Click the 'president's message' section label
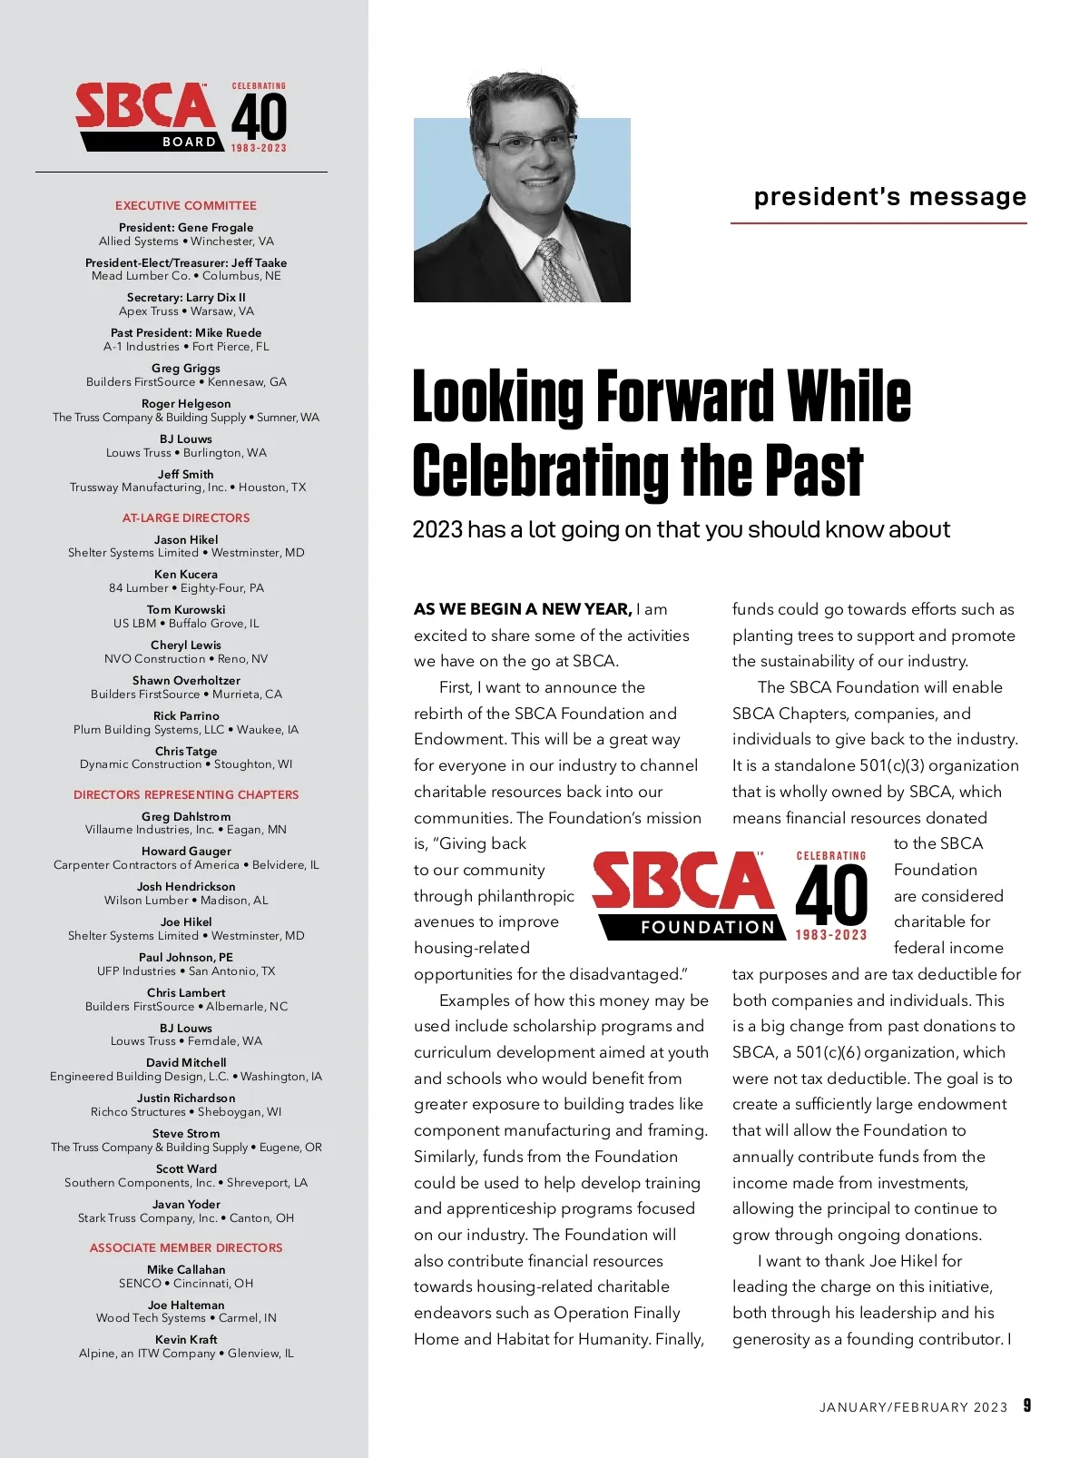889,197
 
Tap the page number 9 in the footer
1027,1405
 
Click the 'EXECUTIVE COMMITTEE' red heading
186,206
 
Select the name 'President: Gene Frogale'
186,228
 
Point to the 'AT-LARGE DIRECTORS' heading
186,518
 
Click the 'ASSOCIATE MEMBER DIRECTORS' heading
186,1248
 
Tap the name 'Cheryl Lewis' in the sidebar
186,645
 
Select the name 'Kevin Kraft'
186,1340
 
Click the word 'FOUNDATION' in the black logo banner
708,928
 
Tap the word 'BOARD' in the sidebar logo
190,142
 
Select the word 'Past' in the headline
814,472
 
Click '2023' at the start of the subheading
437,530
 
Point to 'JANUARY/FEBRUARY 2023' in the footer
913,1407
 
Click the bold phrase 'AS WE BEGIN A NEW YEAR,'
523,609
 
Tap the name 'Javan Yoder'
186,1205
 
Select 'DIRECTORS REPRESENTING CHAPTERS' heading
186,795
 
